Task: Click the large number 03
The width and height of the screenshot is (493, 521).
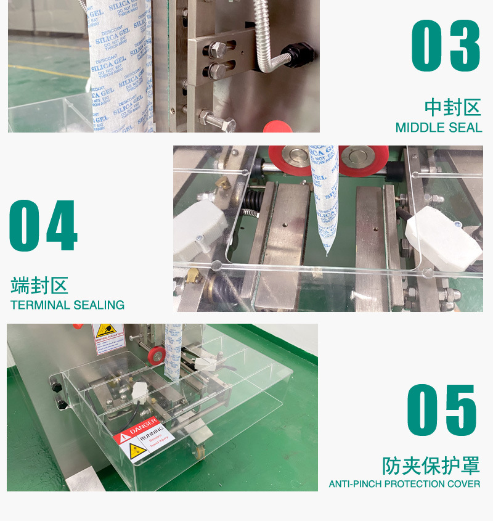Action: (446, 46)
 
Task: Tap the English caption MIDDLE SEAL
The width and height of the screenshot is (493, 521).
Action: (438, 128)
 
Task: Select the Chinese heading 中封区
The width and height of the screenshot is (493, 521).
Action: (452, 107)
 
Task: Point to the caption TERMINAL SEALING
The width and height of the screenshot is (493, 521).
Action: (68, 305)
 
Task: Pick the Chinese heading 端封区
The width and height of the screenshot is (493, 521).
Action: (39, 285)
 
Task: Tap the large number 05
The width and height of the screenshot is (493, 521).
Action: (442, 410)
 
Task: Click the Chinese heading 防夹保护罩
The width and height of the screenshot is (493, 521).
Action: (431, 464)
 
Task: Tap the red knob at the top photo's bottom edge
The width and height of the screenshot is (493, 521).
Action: (277, 127)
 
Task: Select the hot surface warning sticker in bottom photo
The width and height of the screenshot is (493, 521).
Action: (108, 335)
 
